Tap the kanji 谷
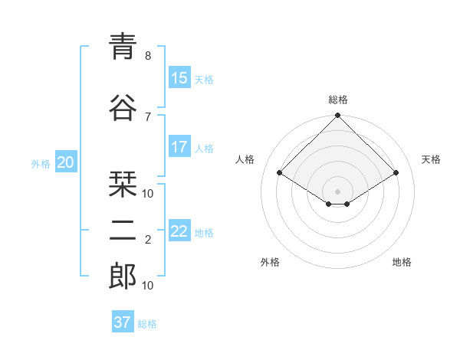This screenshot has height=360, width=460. click(x=123, y=107)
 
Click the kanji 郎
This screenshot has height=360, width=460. click(x=123, y=277)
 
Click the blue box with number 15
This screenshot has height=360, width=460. click(x=179, y=78)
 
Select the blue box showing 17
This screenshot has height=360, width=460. click(x=179, y=147)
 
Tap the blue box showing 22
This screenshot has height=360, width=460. click(x=179, y=231)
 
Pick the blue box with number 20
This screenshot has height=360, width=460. click(x=65, y=162)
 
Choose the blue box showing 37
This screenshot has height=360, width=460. click(x=122, y=322)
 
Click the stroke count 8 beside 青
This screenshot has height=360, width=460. click(x=148, y=56)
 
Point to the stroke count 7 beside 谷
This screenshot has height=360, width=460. click(x=148, y=116)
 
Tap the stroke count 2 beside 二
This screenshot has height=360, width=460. click(x=148, y=240)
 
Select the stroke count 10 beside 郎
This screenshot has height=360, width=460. click(x=148, y=286)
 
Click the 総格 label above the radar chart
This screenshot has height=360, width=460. click(x=337, y=100)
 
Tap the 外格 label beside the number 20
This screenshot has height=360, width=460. click(x=40, y=163)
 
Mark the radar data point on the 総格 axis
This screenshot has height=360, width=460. click(x=337, y=116)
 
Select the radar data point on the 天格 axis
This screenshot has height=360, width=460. click(x=396, y=174)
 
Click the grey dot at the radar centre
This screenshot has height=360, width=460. click(x=337, y=190)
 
